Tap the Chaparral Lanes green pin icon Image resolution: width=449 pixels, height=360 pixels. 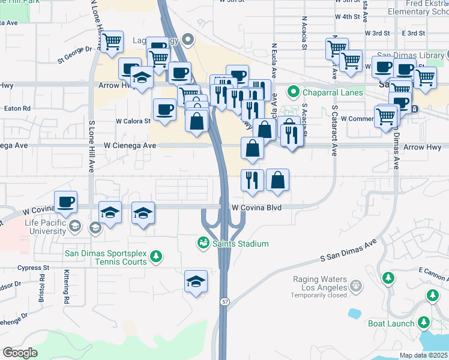[x=293, y=92]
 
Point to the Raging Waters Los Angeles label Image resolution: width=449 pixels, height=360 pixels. [x=320, y=283]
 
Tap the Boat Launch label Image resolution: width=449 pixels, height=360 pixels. [x=391, y=323]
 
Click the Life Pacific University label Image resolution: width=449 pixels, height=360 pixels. [x=37, y=227]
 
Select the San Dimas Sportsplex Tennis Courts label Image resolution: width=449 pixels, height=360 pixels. [x=106, y=257]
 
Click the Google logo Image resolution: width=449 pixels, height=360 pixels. [x=20, y=353]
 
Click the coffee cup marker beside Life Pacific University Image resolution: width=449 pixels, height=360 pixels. [x=66, y=202]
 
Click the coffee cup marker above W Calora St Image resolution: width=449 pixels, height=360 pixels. [x=165, y=109]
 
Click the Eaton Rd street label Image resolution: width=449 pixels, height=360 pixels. [x=17, y=109]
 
